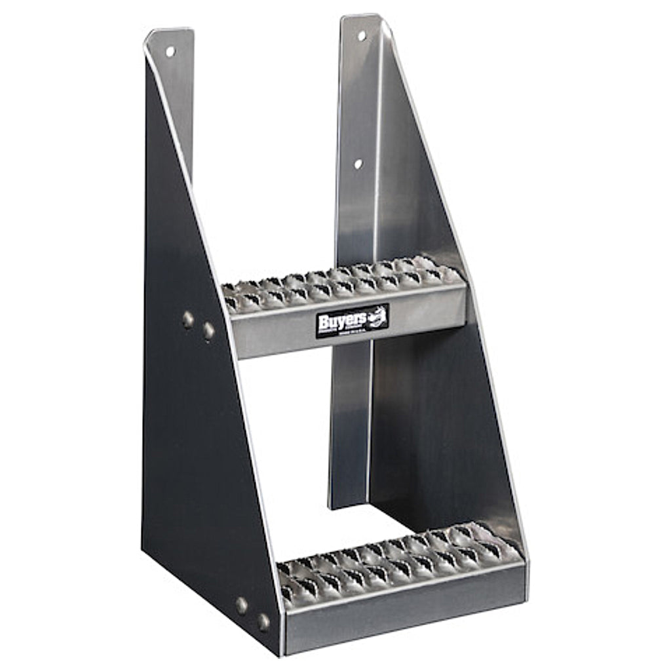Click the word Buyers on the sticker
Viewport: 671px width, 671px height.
click(338, 320)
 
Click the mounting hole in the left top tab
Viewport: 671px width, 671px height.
click(170, 50)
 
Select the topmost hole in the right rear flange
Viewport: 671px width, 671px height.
click(361, 35)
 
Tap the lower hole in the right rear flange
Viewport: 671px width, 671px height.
click(358, 163)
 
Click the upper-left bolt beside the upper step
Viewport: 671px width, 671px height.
click(189, 319)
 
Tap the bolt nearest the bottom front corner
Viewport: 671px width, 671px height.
click(263, 621)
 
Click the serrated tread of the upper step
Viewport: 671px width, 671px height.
click(341, 282)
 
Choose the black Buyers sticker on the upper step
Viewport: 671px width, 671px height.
click(352, 321)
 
